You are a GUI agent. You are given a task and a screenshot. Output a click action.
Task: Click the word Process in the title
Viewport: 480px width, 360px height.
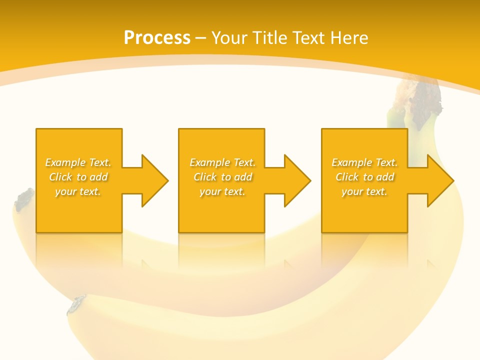(x=157, y=38)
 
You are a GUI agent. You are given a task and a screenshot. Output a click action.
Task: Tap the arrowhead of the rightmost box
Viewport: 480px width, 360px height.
(x=439, y=180)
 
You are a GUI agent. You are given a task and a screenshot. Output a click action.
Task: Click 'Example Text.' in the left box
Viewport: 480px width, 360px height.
(x=78, y=162)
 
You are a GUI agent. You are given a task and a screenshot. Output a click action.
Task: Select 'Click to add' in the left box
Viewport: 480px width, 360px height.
(x=78, y=177)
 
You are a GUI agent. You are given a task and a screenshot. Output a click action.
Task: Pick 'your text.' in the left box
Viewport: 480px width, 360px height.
(x=78, y=191)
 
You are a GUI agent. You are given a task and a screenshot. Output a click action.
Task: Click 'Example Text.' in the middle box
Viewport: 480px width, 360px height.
(x=222, y=162)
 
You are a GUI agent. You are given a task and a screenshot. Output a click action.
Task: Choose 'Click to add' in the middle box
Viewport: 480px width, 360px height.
(x=222, y=177)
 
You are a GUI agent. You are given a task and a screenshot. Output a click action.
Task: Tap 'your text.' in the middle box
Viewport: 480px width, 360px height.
(x=222, y=191)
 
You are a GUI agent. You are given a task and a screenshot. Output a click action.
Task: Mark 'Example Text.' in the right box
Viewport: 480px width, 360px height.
(x=364, y=162)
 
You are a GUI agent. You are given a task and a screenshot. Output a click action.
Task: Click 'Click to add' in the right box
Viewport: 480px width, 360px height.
(x=364, y=177)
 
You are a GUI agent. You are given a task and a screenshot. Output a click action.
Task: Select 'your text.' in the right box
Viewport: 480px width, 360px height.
(x=364, y=191)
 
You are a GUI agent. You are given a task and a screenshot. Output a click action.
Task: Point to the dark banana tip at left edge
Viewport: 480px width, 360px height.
(x=23, y=199)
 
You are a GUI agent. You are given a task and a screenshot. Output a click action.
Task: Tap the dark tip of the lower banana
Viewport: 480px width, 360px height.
(x=76, y=304)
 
